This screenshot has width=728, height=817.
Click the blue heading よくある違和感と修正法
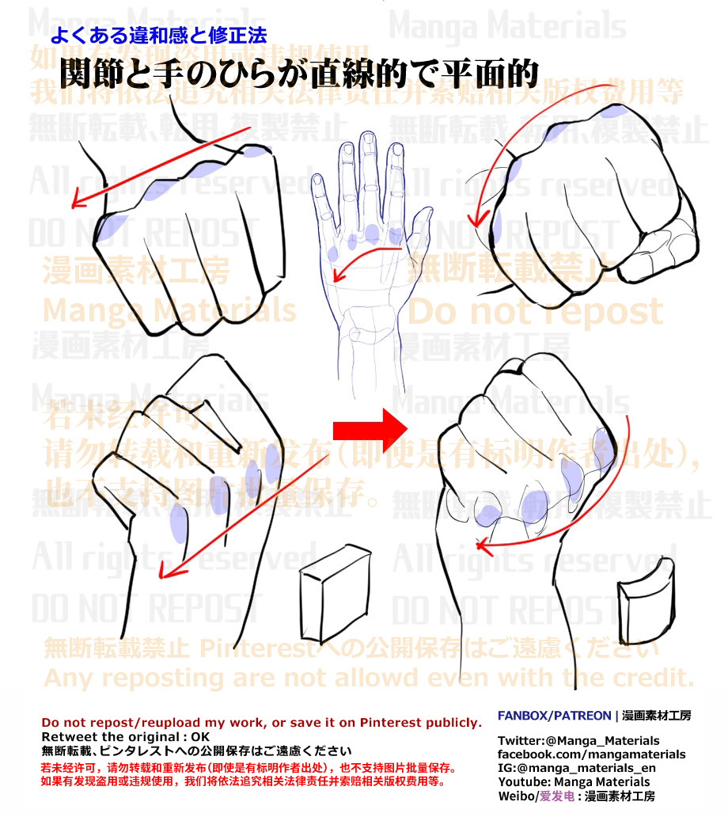point(158,36)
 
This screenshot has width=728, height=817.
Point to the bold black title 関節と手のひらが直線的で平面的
point(299,73)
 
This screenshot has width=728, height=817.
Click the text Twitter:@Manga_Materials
point(578,741)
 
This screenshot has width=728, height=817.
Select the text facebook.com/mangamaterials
point(591,754)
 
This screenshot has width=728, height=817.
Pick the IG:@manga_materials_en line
point(576,768)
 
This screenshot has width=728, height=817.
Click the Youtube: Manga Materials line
point(574,782)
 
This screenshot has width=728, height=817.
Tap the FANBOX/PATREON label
point(554,716)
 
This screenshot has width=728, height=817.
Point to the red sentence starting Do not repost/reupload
point(261,723)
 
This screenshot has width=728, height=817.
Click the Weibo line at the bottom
point(576,796)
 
